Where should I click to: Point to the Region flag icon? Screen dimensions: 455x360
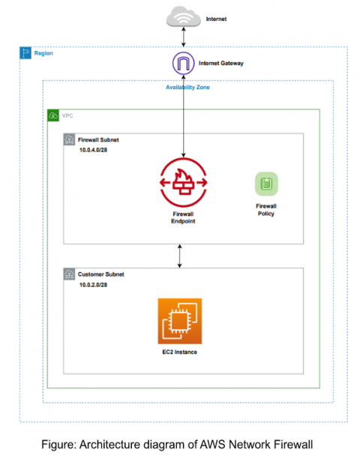(25, 54)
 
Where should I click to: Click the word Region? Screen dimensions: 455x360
(43, 54)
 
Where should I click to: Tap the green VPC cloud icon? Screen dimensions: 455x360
(53, 116)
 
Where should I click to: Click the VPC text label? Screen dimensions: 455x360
(68, 116)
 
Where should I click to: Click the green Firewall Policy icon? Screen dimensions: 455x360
(265, 184)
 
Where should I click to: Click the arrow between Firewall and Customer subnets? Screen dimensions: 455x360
(179, 256)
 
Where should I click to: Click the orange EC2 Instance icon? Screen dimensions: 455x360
(179, 320)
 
